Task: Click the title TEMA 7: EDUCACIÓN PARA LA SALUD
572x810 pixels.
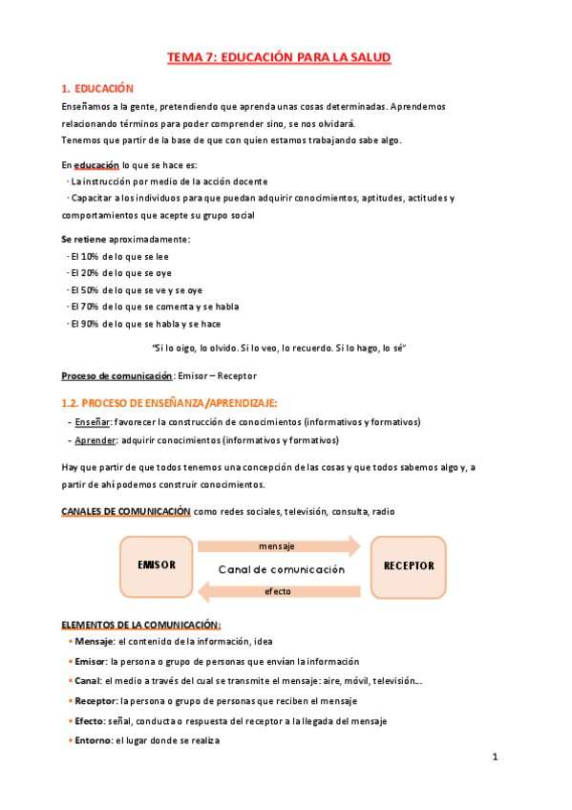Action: (279, 58)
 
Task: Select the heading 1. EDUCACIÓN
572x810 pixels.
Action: (99, 88)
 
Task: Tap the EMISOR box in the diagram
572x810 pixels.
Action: (157, 565)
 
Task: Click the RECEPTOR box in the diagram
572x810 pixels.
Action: (409, 565)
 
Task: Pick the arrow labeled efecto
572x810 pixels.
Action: (277, 591)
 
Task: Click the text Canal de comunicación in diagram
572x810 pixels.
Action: (281, 569)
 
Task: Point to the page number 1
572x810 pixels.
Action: (495, 757)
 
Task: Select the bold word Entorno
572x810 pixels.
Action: (93, 740)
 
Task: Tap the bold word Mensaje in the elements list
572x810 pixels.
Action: (94, 642)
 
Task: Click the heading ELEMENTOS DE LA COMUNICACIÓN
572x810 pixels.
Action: (140, 625)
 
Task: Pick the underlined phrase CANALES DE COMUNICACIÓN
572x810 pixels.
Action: (126, 511)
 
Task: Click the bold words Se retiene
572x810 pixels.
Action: (83, 239)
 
